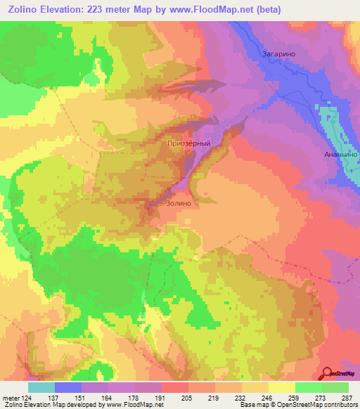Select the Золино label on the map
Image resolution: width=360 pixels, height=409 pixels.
pos(179,203)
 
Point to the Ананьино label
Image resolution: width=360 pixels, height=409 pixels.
pos(341,154)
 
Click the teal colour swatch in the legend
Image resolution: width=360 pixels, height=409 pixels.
pos(41,387)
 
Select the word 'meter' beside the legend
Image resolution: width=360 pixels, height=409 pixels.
pos(11,397)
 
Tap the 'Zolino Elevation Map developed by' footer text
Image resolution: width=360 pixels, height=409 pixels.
pos(53,405)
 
